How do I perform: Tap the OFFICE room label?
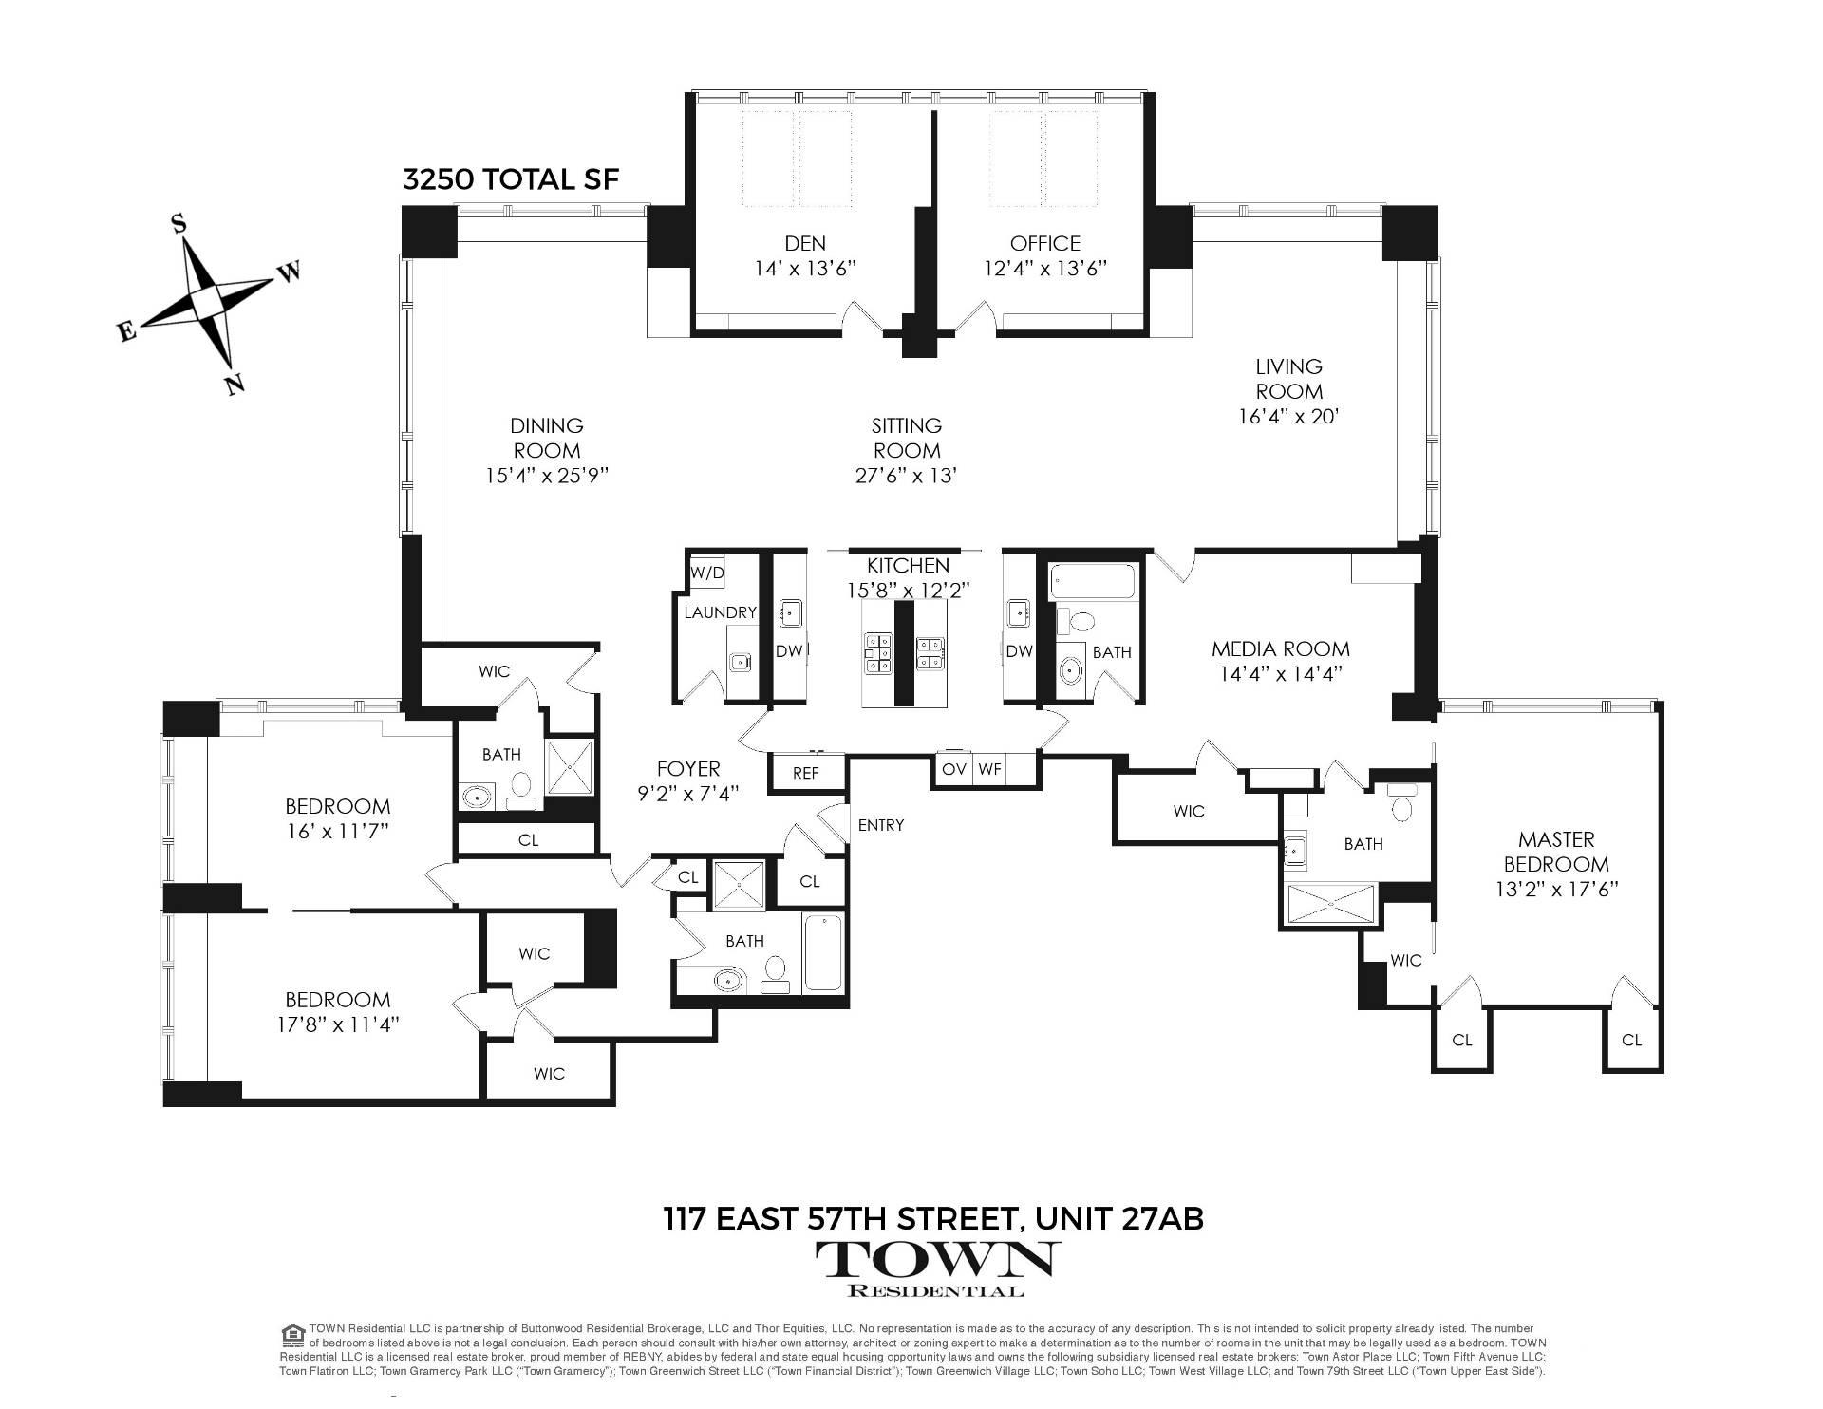1044,243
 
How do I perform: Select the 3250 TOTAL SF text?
511,179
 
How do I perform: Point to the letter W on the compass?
289,272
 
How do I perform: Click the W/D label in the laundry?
706,573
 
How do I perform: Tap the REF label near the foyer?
805,773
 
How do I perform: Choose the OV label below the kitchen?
953,768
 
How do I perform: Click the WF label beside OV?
989,768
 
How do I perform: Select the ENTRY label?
880,825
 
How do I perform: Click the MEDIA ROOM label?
1280,649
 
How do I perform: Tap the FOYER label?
688,768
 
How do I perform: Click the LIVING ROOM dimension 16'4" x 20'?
1288,416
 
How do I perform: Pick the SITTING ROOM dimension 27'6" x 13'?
906,475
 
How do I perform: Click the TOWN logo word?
935,1259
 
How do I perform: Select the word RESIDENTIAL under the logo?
935,1290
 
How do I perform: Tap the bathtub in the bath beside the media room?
1092,581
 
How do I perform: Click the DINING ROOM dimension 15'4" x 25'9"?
546,475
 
